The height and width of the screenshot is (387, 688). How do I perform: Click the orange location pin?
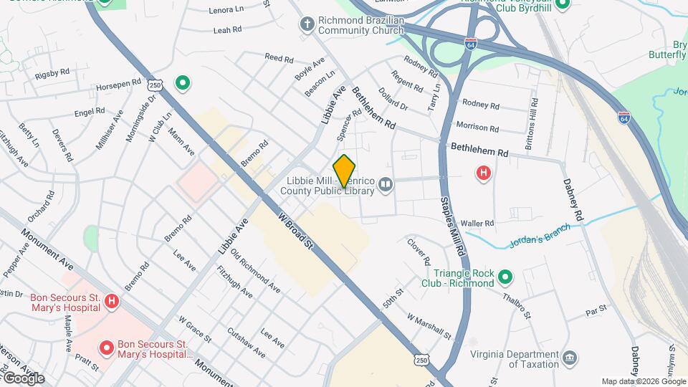pos(344,171)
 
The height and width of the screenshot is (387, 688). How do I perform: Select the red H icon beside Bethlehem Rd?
pos(484,173)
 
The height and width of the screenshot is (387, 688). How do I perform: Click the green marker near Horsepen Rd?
pos(183,84)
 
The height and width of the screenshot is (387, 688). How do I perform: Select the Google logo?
pos(23,378)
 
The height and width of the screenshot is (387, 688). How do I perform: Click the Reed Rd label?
pos(279,57)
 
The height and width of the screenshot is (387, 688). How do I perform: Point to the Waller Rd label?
pos(478,224)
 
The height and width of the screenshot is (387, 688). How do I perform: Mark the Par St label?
pos(596,310)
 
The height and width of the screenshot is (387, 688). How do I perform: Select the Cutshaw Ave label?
pos(245,343)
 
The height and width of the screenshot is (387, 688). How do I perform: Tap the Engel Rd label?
pos(90,113)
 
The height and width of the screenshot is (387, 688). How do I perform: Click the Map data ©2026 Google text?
pos(643,381)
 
